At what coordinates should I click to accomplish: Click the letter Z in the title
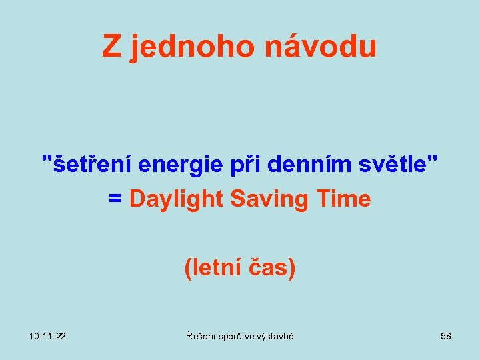click(x=111, y=47)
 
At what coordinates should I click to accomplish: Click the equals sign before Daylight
click(x=115, y=199)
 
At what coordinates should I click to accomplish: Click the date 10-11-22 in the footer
click(x=47, y=336)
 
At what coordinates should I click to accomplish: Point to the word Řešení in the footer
click(x=201, y=336)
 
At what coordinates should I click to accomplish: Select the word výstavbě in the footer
click(x=275, y=336)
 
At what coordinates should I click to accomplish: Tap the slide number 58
click(x=446, y=336)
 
